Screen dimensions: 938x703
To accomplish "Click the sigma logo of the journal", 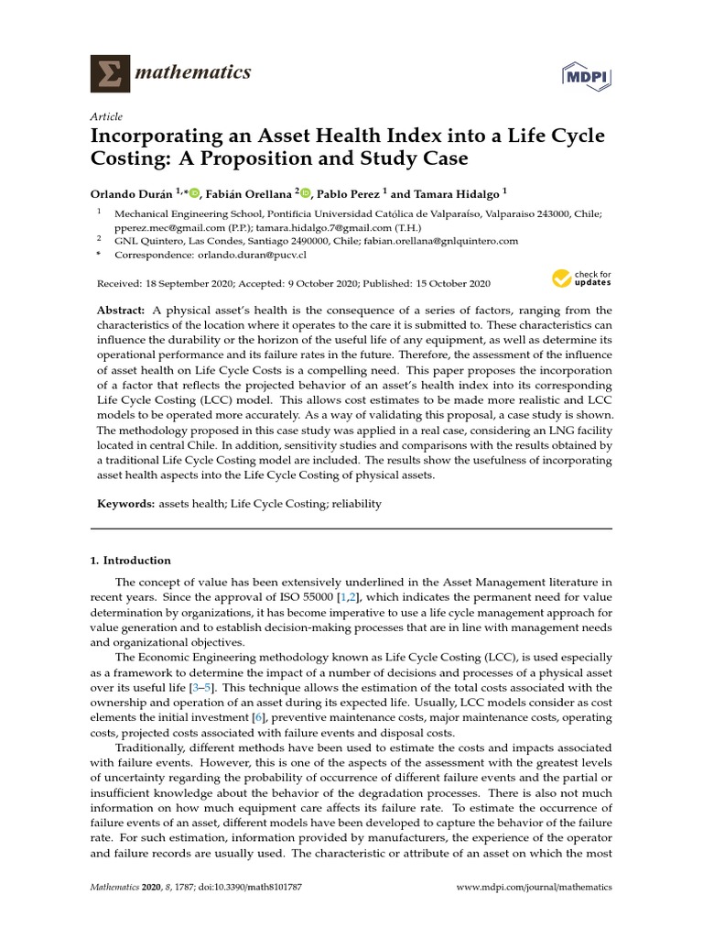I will [x=110, y=72].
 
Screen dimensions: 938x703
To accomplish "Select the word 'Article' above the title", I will [x=105, y=116].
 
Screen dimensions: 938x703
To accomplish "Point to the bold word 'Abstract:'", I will [x=123, y=311].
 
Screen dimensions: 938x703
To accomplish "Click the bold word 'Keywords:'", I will [x=126, y=504].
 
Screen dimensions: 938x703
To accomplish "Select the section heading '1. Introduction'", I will [x=130, y=561].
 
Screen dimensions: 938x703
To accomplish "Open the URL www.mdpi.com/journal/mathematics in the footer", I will [x=535, y=888].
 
